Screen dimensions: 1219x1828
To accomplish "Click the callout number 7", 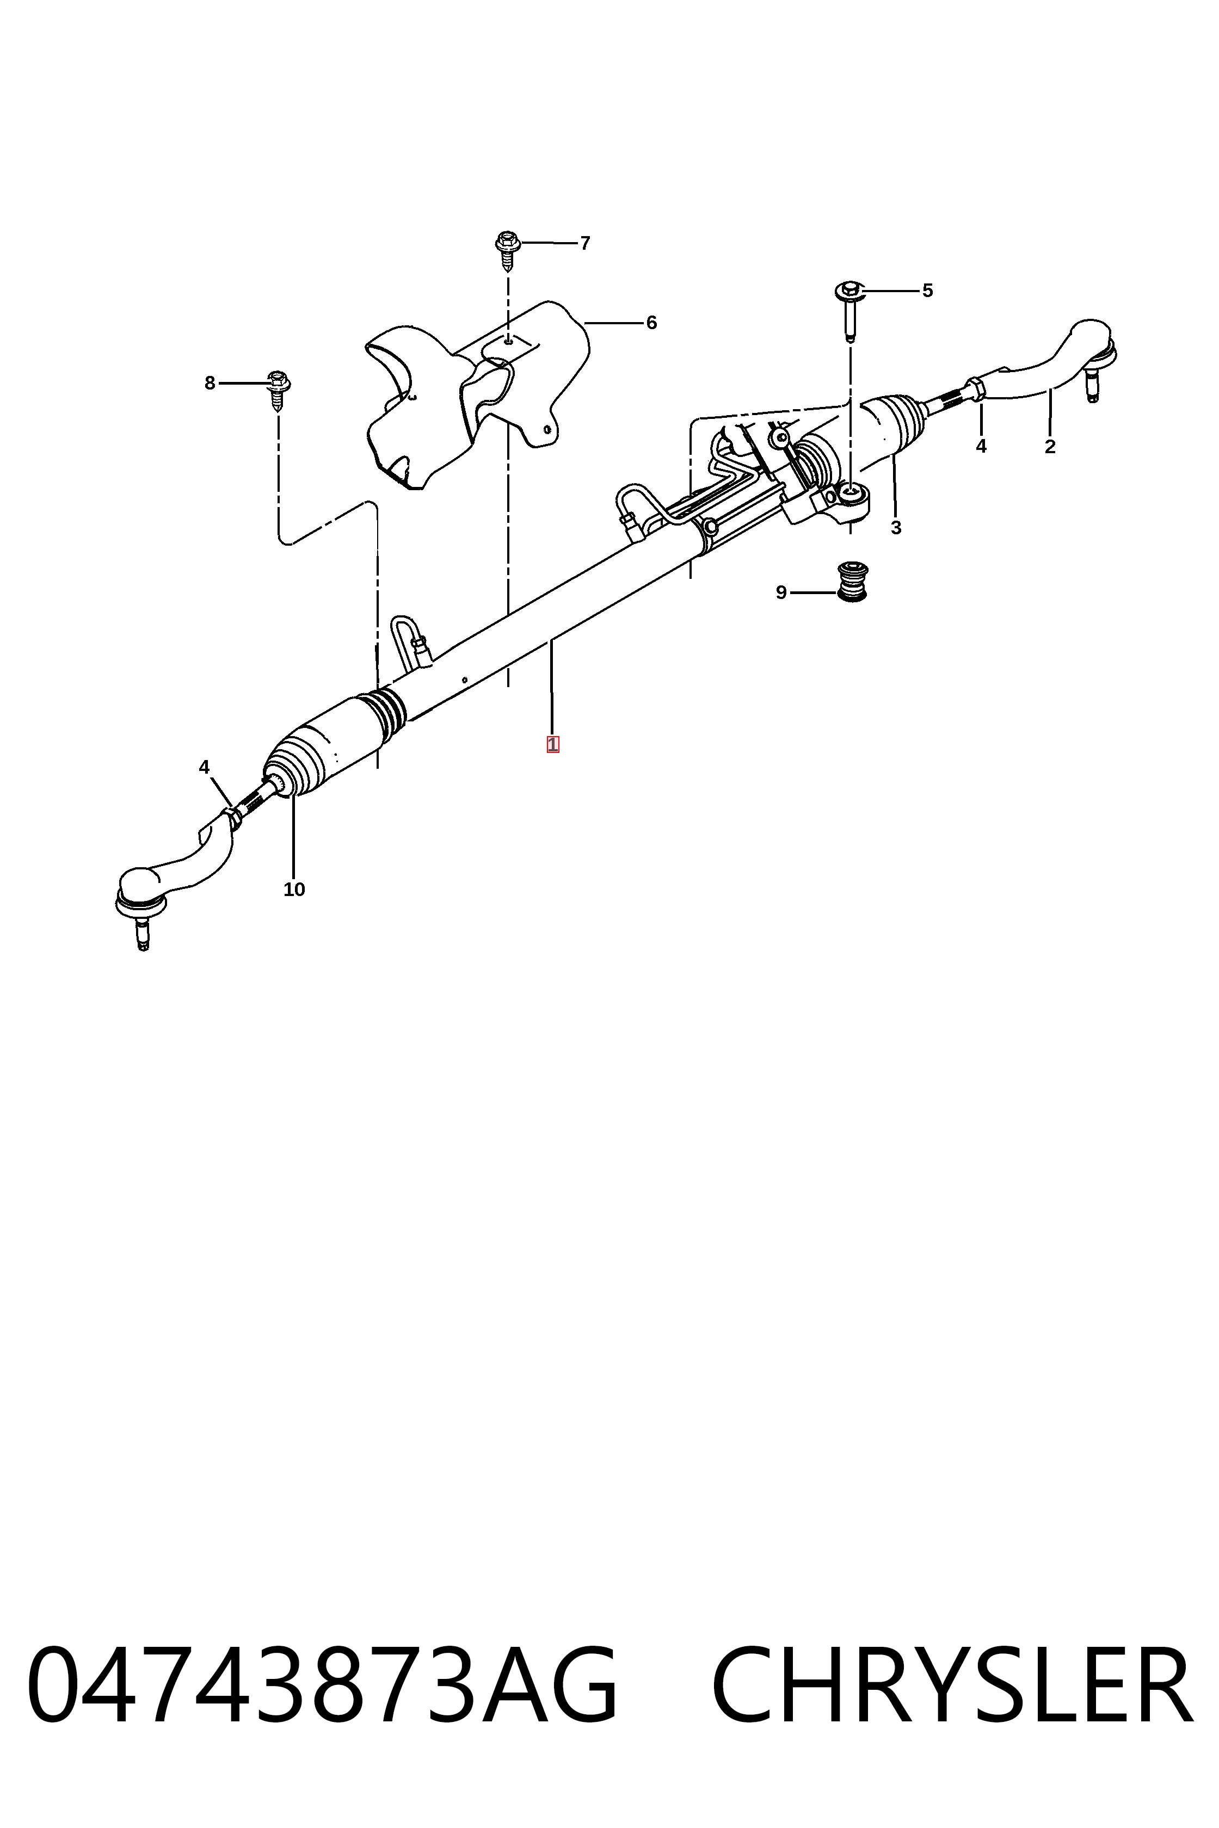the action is tap(586, 243).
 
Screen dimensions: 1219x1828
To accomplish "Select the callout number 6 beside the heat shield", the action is tap(651, 323).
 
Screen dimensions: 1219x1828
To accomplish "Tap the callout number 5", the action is tap(927, 291).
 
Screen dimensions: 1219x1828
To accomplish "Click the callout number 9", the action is tap(781, 593).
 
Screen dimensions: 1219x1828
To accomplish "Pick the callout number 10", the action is tap(294, 890).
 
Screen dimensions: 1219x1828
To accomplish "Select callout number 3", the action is tap(896, 528).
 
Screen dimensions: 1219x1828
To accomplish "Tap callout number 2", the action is tap(1050, 447).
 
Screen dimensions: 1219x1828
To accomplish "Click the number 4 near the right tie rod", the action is tap(981, 447).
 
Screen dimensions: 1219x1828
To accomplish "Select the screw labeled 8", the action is tap(278, 390).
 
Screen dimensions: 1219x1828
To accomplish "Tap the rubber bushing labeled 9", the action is tap(853, 582).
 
